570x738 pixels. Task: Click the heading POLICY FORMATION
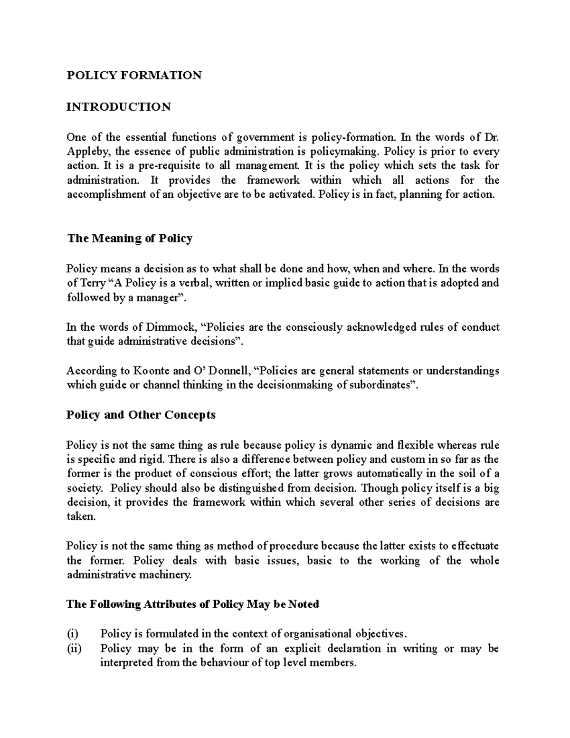134,76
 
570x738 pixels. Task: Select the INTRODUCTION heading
118,107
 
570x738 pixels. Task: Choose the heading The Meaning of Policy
130,239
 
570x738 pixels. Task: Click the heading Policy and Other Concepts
141,415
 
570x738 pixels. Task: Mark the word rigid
152,460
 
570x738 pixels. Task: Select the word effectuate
475,546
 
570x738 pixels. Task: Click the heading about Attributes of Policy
192,604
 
